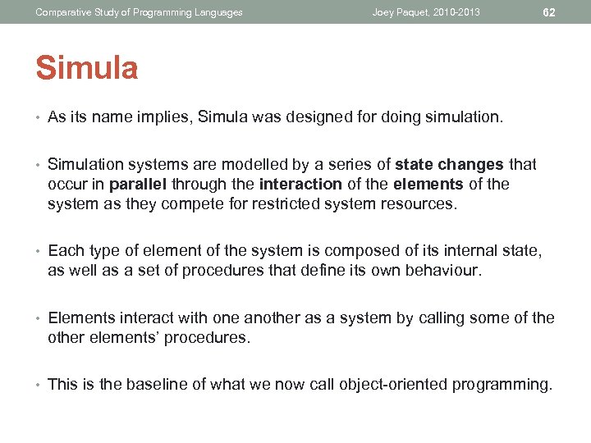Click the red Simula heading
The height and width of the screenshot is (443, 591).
tap(87, 69)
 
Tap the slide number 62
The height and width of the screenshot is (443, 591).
tap(549, 12)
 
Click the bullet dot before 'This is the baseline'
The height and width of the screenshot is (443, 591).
tap(39, 384)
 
